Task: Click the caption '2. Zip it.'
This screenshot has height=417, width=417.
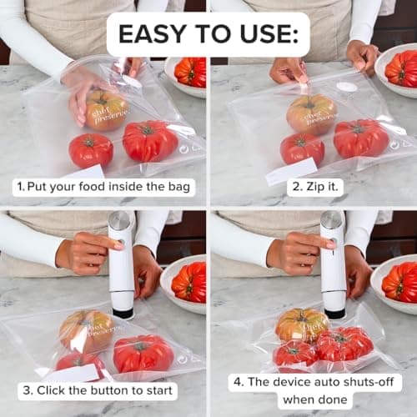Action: point(315,187)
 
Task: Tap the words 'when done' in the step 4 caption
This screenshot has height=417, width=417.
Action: point(314,399)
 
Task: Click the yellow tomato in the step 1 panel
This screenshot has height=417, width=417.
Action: point(106,109)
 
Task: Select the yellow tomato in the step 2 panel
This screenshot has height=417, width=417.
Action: point(311,113)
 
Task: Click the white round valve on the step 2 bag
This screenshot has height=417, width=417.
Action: point(347,87)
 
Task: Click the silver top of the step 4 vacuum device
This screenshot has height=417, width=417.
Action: point(333,221)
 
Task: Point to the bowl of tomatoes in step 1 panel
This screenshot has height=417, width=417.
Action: point(188,73)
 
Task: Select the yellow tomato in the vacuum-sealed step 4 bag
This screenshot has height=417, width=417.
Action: point(300,324)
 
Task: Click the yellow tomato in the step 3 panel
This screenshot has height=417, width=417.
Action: point(86,330)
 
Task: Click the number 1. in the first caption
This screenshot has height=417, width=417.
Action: point(18,187)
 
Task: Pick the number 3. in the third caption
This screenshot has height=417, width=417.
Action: point(28,390)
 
